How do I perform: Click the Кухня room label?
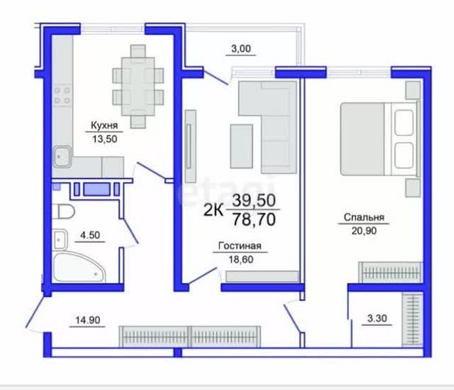click(x=104, y=125)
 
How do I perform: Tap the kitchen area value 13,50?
click(x=105, y=139)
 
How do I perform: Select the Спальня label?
click(x=364, y=217)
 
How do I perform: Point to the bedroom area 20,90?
click(x=364, y=231)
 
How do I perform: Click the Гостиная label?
click(x=240, y=246)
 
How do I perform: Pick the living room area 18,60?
click(x=241, y=259)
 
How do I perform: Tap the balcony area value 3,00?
click(x=241, y=48)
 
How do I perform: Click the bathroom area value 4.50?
click(x=90, y=235)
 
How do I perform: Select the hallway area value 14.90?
click(x=88, y=320)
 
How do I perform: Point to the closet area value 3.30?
click(x=377, y=318)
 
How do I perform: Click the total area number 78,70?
click(x=254, y=220)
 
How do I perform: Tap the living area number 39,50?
click(x=254, y=200)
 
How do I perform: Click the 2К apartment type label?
click(x=214, y=210)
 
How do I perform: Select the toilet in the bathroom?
click(x=63, y=212)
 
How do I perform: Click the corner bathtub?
click(x=79, y=267)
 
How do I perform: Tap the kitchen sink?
click(x=62, y=156)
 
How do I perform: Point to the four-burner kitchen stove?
click(x=62, y=95)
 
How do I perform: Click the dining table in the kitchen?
click(x=138, y=86)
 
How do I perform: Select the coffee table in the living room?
click(x=241, y=146)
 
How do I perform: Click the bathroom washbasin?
click(x=60, y=239)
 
